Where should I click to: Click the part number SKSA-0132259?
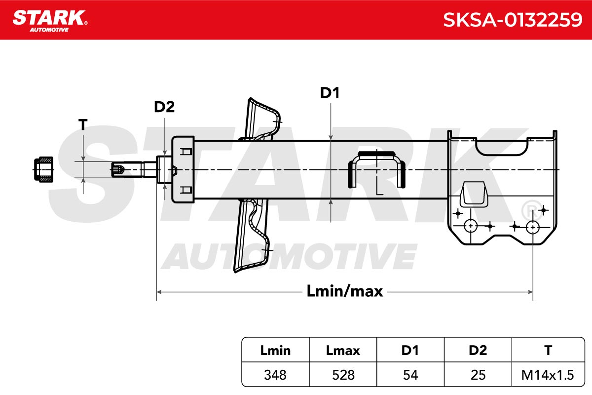[513, 20]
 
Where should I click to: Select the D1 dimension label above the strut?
[330, 93]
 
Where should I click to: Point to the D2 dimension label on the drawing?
[164, 107]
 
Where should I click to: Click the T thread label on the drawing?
[83, 124]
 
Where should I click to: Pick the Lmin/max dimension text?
[345, 291]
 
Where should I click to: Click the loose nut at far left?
[43, 169]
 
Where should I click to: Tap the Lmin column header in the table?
[275, 350]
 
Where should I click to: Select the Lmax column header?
[343, 350]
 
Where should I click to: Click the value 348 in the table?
[275, 375]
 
